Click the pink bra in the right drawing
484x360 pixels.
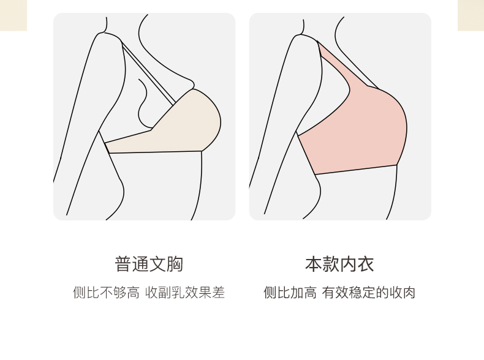361,135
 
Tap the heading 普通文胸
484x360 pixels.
149,264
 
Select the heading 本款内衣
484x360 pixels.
339,264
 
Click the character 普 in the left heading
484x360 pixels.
123,264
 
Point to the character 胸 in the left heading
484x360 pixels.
175,264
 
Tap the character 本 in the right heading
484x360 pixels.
314,264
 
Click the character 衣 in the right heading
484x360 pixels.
365,264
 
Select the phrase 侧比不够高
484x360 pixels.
106,293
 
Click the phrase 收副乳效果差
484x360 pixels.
185,293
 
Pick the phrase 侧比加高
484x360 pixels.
290,293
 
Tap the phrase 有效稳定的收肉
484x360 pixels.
369,293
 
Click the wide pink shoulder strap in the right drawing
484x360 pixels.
343,67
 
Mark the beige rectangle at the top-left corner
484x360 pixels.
13,15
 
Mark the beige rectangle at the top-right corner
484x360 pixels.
471,15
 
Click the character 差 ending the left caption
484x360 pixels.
219,293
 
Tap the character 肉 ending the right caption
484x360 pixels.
409,293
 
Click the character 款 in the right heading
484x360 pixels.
331,264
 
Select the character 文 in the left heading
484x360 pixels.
157,264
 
